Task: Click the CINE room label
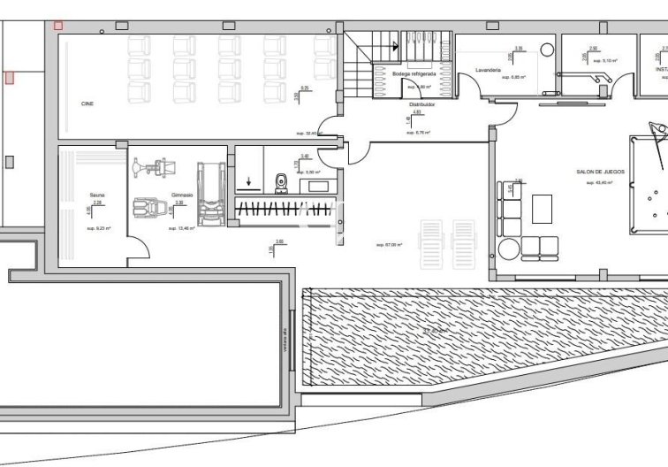[87, 103]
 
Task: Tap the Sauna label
[97, 195]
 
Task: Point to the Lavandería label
[488, 69]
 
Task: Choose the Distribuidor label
[415, 103]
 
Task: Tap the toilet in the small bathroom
[281, 181]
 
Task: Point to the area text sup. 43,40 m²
[599, 183]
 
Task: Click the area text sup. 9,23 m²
[96, 228]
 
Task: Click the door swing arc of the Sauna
[136, 247]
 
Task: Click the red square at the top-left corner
[58, 27]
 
